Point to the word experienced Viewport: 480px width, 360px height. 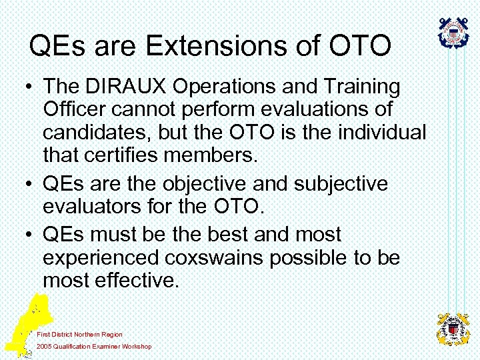[103, 258]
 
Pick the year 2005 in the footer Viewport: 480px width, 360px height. [44, 347]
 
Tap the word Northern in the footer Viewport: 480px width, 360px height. [87, 334]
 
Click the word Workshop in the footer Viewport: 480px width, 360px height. [137, 347]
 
